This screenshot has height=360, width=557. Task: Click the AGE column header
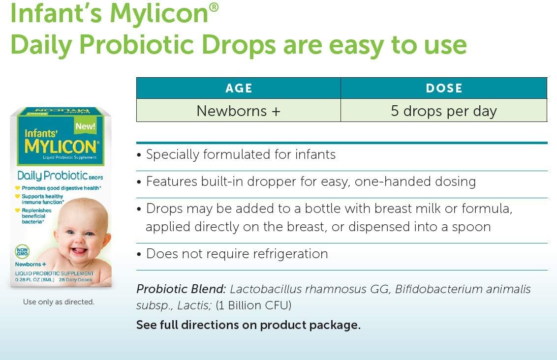tap(239, 88)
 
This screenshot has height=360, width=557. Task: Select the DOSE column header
tap(444, 88)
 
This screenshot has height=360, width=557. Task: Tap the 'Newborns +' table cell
tap(238, 111)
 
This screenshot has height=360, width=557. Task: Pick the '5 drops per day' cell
tap(444, 111)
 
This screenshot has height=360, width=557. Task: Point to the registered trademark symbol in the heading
tap(214, 7)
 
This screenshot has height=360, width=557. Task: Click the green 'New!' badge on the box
tap(85, 126)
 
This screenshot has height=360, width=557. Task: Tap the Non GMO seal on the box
tap(22, 252)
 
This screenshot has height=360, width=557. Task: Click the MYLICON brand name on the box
tap(60, 147)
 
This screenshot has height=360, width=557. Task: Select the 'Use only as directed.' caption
tap(59, 302)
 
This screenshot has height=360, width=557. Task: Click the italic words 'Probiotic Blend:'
tap(181, 289)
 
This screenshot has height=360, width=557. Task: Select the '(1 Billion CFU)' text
tap(253, 305)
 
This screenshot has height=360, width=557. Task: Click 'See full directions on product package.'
tap(248, 325)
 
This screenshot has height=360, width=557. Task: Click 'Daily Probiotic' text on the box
tap(52, 176)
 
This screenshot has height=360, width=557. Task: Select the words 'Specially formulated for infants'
tap(241, 154)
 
